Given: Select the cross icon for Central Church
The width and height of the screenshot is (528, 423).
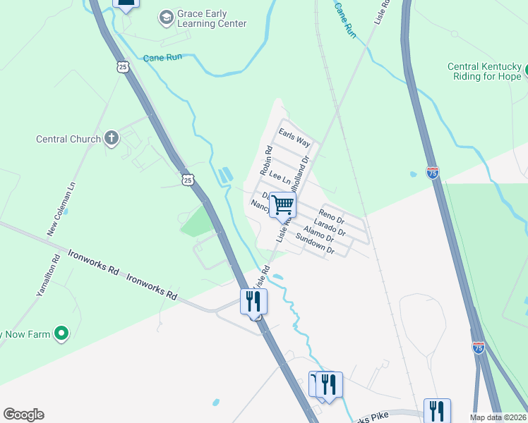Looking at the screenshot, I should [x=112, y=138].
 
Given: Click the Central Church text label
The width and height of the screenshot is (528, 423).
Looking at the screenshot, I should [x=68, y=139].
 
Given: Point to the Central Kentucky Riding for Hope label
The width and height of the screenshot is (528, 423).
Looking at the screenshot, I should [x=484, y=72].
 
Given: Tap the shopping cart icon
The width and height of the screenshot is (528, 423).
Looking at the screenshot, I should [x=283, y=205].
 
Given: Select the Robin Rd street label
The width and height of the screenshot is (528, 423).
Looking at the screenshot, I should [x=266, y=161].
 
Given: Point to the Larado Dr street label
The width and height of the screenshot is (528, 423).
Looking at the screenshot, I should [x=329, y=227].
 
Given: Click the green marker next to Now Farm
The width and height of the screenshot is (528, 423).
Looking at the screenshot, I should [x=61, y=333].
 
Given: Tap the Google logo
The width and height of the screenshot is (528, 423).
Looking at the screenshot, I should [x=23, y=415].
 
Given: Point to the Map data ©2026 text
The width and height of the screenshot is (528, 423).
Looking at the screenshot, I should [x=497, y=417].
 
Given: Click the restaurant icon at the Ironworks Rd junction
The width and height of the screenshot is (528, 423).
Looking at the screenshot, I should [x=253, y=301].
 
